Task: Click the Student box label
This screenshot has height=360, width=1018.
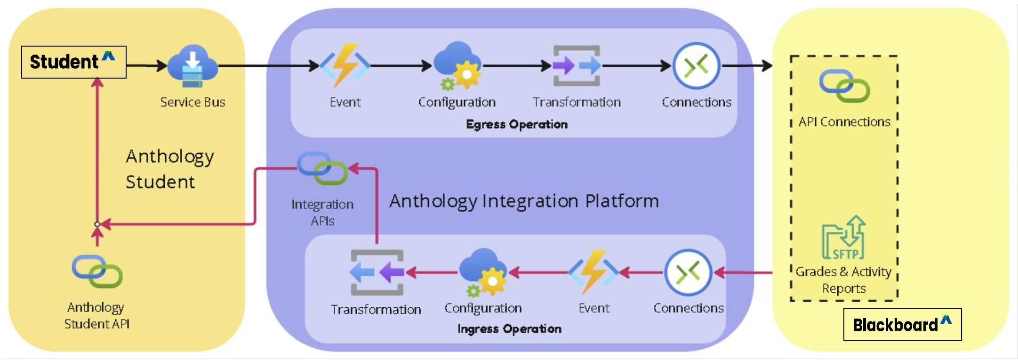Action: pos(73,62)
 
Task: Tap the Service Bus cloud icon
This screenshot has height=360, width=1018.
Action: pos(192,66)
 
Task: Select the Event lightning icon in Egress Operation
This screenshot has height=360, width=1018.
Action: pos(345,65)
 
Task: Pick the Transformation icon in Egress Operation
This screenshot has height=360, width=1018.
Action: pos(577,66)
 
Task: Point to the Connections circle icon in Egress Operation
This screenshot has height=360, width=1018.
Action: pos(697,66)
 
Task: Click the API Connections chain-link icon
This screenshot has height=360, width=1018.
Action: pos(844,86)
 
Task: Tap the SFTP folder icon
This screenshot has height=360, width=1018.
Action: pos(844,238)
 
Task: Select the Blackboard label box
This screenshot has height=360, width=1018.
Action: pos(902,324)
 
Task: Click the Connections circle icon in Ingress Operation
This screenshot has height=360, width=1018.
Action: pos(688,272)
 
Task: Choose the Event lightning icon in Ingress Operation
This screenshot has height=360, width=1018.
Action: pos(593,272)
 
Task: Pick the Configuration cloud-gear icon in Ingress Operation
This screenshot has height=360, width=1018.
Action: pos(483,272)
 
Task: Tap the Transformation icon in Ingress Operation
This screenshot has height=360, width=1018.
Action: pos(377,272)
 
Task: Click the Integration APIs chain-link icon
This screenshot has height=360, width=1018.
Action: pos(322,168)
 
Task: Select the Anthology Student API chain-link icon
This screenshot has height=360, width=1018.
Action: pos(97,272)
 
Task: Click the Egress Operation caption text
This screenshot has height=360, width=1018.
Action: pos(517,124)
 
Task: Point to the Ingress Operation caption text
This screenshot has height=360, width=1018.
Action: pos(509,328)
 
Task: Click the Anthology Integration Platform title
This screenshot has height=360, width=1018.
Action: pos(524,201)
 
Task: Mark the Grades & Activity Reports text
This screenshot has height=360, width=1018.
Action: pos(843,280)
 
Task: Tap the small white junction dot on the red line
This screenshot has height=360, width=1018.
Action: pos(97,224)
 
